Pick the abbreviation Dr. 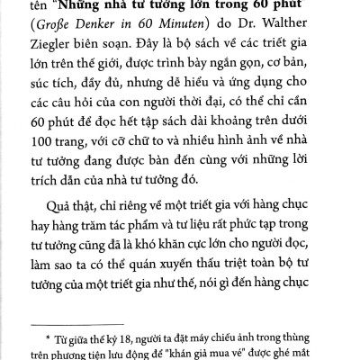point(255,26)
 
